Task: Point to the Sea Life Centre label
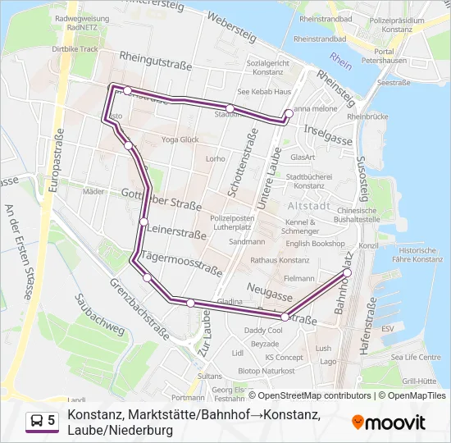coord(416,358)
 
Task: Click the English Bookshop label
coord(315,244)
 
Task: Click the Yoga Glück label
coord(180,140)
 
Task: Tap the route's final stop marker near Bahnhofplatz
coord(347,272)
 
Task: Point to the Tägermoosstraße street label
coord(182,263)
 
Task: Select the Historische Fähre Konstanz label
coord(420,254)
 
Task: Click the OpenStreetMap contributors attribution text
coord(303,395)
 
